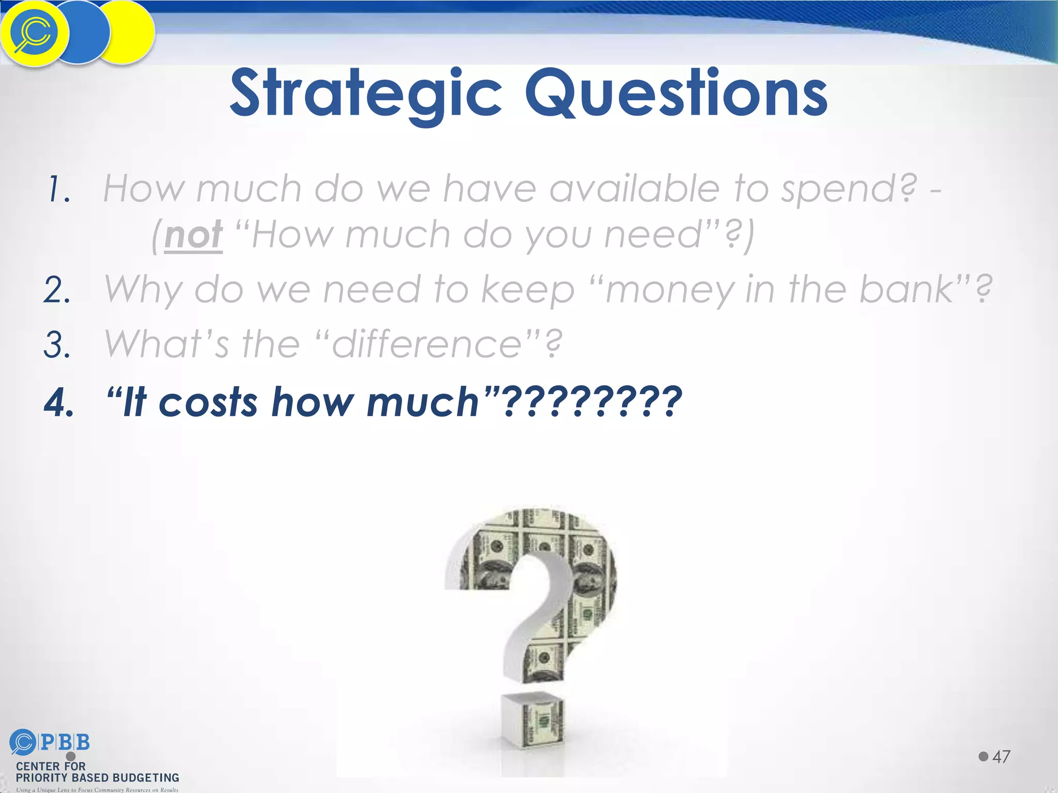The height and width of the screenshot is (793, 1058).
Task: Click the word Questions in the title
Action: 676,94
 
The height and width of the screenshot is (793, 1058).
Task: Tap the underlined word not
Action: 194,235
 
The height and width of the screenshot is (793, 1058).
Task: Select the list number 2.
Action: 57,290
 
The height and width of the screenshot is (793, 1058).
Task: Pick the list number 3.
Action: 57,345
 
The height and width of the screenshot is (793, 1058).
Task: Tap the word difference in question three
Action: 427,344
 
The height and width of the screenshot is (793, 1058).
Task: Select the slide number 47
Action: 1001,757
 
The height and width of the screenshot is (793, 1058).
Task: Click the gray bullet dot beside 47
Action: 983,756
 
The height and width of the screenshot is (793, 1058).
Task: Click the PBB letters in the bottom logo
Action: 65,742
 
